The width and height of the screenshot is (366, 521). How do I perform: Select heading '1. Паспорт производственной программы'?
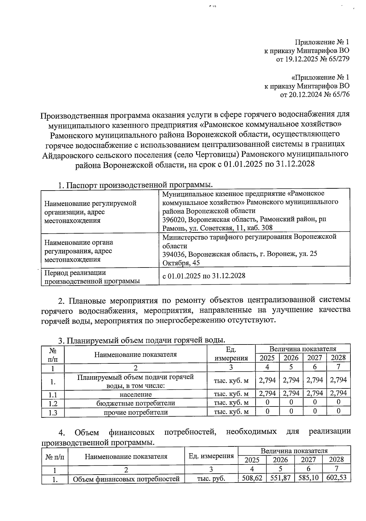click(135, 185)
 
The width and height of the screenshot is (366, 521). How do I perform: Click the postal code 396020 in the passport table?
click(174, 219)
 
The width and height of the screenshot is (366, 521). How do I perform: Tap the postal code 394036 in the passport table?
click(174, 254)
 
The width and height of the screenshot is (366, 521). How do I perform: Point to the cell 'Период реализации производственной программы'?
click(92, 277)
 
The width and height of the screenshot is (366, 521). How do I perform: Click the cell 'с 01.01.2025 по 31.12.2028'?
click(204, 276)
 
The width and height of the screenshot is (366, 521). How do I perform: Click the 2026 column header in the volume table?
click(291, 358)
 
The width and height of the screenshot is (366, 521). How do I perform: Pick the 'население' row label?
click(135, 394)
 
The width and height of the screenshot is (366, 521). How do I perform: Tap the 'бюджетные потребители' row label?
click(135, 403)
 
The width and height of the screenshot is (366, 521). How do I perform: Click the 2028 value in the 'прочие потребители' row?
click(338, 412)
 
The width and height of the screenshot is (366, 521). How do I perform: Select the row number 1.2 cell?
click(53, 403)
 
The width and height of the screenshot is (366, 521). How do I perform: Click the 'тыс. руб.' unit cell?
click(211, 479)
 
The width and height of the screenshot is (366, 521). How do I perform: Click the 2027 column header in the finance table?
click(308, 460)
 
